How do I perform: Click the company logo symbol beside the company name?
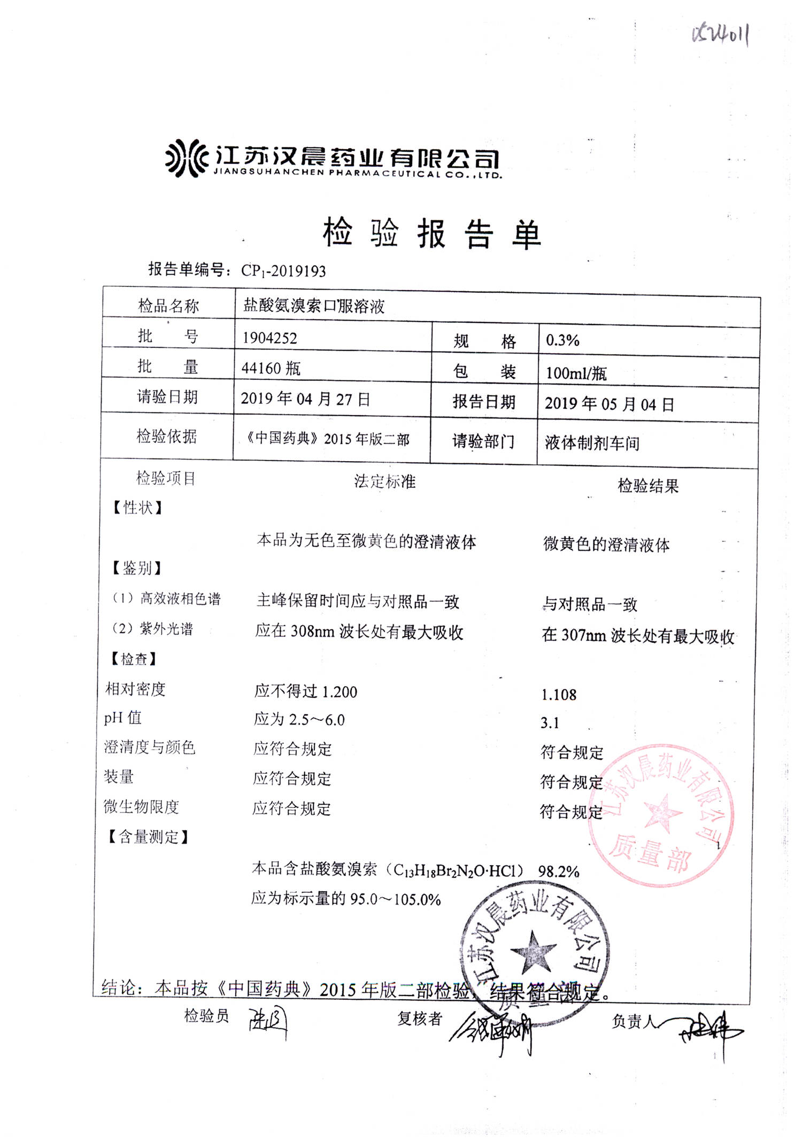186,158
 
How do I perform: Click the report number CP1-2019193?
283,271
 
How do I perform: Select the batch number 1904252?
269,338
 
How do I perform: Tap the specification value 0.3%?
562,340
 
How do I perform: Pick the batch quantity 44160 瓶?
271,368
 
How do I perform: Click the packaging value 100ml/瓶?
576,373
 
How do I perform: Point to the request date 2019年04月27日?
305,399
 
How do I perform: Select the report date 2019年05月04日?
609,404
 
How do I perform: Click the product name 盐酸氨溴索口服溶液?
314,306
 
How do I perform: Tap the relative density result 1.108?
559,695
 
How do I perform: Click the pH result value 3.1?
550,723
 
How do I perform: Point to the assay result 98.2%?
559,871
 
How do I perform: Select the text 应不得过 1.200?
305,691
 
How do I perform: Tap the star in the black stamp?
533,952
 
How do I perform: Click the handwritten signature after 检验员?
267,1022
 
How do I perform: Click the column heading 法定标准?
384,481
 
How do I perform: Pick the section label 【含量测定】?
148,837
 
